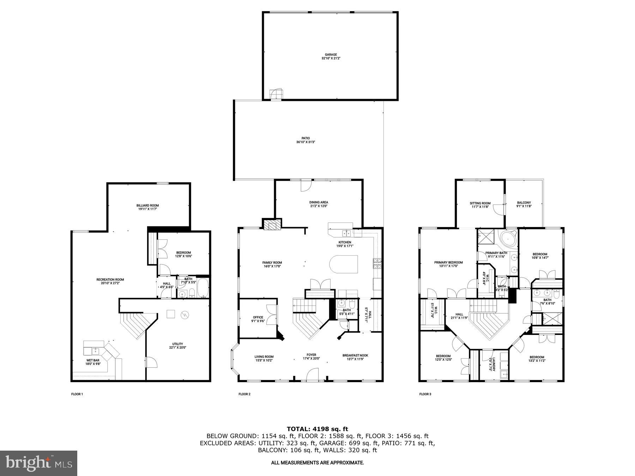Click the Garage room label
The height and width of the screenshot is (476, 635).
pos(331,55)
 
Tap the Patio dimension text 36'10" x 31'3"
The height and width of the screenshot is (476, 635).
pos(306,142)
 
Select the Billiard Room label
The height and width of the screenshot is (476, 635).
pos(147,205)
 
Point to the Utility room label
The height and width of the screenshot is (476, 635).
pos(177,344)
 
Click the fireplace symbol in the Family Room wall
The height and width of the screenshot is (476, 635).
pos(272,225)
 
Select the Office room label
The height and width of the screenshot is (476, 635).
pos(258,317)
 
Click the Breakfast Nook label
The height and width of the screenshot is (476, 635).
pos(355,355)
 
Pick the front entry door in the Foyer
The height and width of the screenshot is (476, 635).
pos(313,375)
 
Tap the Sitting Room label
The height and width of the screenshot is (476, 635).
pos(480,203)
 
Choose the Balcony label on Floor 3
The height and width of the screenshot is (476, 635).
pos(524,203)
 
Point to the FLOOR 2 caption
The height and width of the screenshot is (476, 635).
pos(244,394)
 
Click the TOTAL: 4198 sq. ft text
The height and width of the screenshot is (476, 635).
pos(317,429)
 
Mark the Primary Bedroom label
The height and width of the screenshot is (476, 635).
pos(448,262)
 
